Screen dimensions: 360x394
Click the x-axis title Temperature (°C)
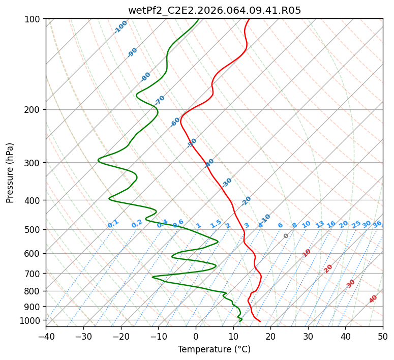point(214,349)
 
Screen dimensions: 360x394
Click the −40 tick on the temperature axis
point(46,337)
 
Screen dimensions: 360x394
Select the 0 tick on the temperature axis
point(196,337)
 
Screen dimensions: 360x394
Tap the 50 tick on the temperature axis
point(383,337)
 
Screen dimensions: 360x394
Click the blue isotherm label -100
point(121,26)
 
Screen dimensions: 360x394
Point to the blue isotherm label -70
point(160,100)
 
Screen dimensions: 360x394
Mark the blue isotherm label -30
point(227,183)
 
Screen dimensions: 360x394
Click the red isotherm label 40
point(373,299)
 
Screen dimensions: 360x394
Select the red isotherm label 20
point(328,268)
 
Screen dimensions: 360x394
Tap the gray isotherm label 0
point(286,236)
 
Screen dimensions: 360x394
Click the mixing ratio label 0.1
point(113,224)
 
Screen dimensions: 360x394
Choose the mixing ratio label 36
point(377,224)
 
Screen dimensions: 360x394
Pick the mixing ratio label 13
point(320,224)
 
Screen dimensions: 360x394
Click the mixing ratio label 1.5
point(216,224)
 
